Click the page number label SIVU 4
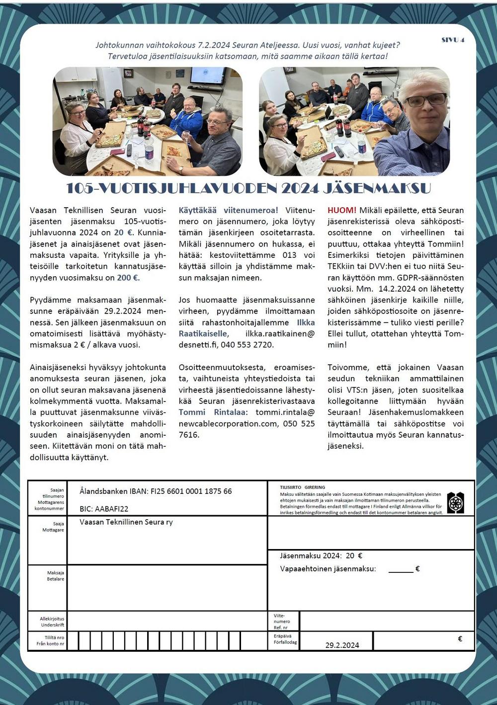point(453,40)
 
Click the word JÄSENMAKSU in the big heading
point(377,188)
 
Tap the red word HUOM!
point(342,210)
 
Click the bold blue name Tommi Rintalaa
point(212,412)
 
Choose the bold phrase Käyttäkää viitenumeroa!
point(228,210)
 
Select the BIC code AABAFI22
point(112,509)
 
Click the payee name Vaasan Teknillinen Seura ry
point(126,522)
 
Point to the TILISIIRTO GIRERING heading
point(302,487)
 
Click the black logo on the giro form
point(455,503)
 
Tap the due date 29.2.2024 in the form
point(342,645)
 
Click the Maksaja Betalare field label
point(55,576)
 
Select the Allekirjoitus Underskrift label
point(52,622)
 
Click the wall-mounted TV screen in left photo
point(208,76)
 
